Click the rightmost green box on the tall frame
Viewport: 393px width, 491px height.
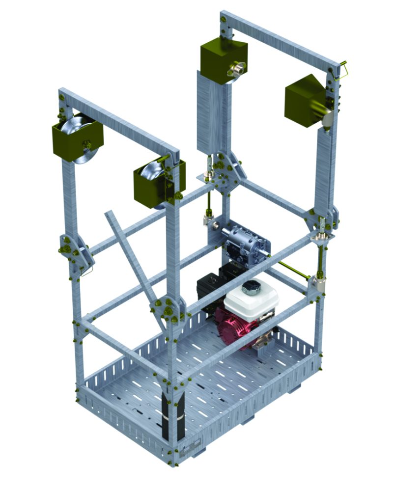tap(305, 101)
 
